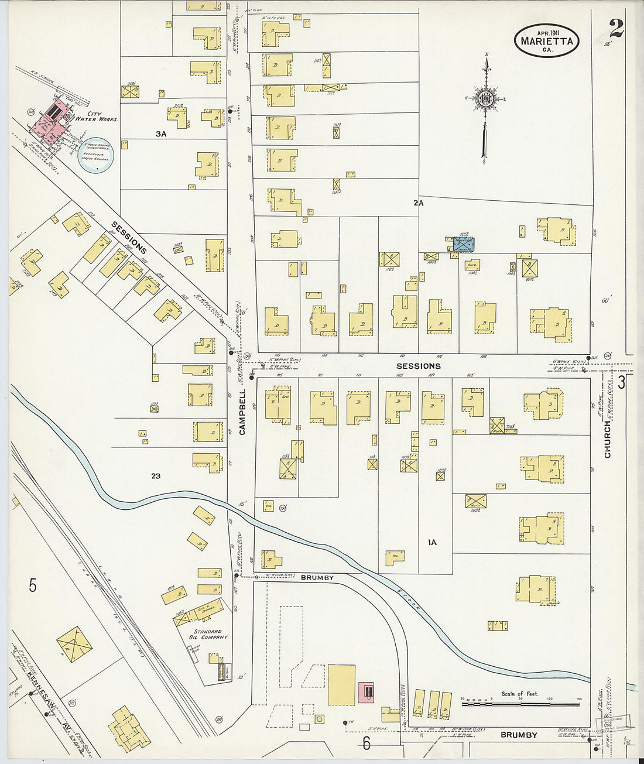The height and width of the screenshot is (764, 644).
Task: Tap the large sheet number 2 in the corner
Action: point(616,28)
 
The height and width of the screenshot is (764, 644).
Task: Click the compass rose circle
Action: point(485,100)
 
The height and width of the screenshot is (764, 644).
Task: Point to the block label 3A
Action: point(161,134)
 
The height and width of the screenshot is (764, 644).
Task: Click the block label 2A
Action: point(418,203)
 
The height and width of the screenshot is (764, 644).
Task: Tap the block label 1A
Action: point(431,543)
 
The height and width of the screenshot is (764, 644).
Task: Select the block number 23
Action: point(155,476)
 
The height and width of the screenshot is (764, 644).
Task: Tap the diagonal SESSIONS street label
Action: point(129,237)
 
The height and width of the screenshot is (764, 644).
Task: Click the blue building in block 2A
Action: point(463,245)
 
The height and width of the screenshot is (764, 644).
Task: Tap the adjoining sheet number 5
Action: point(33,585)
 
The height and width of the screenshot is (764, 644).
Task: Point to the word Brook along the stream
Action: point(411,599)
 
